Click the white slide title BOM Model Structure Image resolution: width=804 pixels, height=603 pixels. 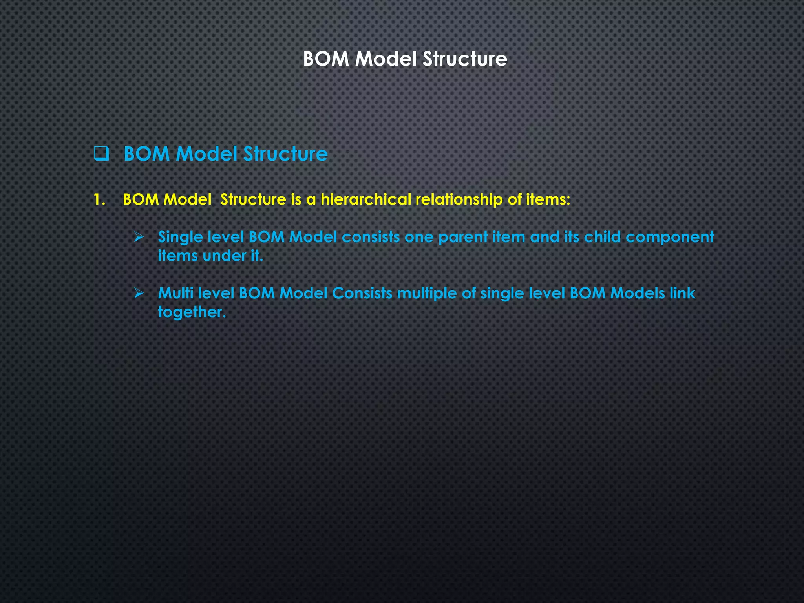coord(405,59)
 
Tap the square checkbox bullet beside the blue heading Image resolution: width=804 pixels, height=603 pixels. coord(101,153)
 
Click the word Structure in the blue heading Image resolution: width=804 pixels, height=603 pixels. coord(285,153)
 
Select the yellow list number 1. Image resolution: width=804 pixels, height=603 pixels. coord(99,199)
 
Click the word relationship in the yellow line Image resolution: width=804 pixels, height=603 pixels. coord(459,199)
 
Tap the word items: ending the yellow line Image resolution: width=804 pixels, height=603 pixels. coord(548,199)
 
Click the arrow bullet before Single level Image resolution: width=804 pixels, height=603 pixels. coord(139,237)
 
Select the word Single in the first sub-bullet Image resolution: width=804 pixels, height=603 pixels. coord(180,237)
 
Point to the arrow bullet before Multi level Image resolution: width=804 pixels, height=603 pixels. coord(139,293)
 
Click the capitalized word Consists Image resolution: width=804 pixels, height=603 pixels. coord(362,293)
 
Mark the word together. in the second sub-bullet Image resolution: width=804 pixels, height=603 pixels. coord(192,312)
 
